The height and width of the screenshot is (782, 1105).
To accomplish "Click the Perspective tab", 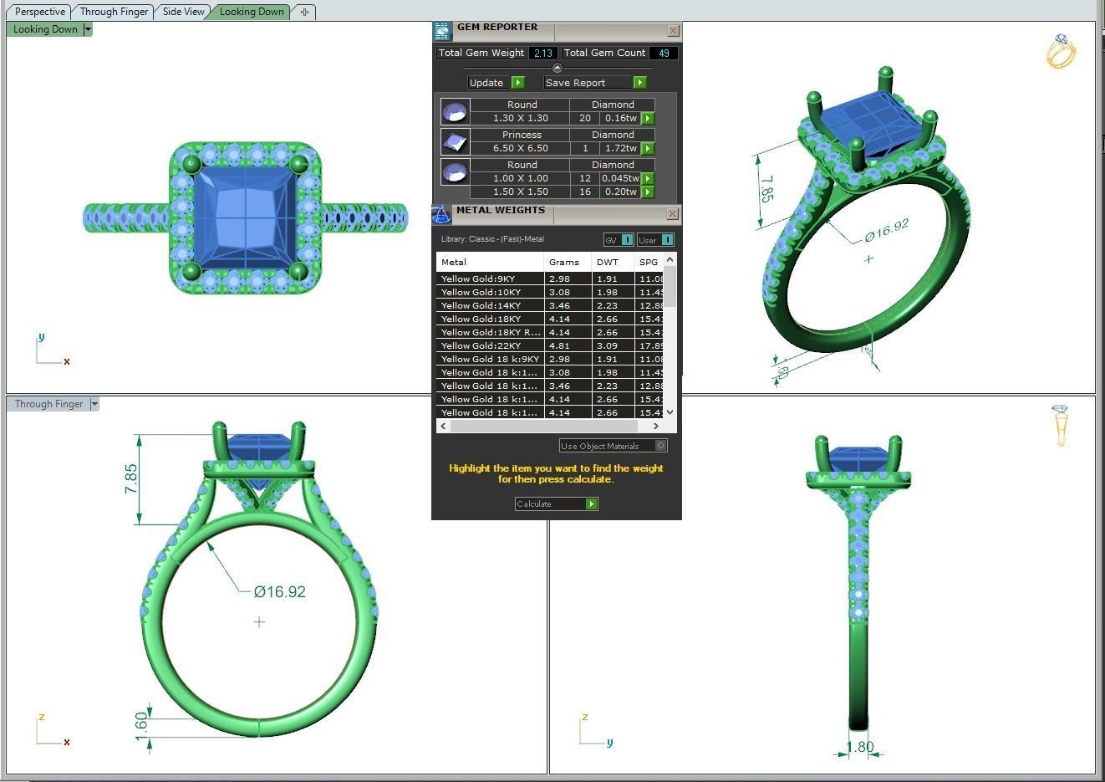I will [39, 12].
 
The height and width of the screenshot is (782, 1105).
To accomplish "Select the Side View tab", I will [183, 12].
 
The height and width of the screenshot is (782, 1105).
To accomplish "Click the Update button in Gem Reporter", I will [486, 83].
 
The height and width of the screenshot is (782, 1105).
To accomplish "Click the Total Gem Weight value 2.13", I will [542, 53].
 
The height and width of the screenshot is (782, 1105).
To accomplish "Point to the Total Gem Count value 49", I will [664, 53].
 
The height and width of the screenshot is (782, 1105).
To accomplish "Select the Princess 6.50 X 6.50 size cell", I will [520, 148].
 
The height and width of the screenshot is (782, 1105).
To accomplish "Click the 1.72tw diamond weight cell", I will [619, 148].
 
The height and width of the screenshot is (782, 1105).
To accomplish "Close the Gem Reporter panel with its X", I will [673, 31].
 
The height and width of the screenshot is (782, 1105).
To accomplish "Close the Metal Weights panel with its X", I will [672, 214].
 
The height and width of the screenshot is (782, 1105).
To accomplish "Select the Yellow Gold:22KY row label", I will [481, 345].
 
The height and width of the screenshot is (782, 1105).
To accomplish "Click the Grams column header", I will [564, 262].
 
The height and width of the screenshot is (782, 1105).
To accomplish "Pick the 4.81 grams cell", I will [559, 345].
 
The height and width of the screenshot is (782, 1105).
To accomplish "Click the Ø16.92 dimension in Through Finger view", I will [279, 592].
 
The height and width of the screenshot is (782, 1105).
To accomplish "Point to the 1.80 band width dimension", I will [859, 747].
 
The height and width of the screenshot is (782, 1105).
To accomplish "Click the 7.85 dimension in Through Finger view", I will [131, 478].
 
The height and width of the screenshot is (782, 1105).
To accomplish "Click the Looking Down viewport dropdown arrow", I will [87, 29].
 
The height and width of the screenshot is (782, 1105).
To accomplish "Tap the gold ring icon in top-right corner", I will [1061, 52].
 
